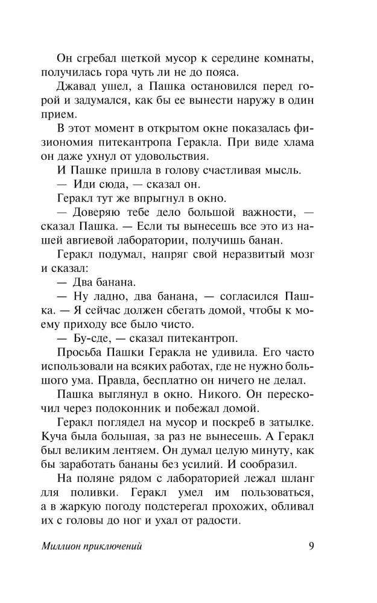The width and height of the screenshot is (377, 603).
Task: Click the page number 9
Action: click(310, 547)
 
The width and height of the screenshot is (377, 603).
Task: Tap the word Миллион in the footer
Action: click(66, 548)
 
